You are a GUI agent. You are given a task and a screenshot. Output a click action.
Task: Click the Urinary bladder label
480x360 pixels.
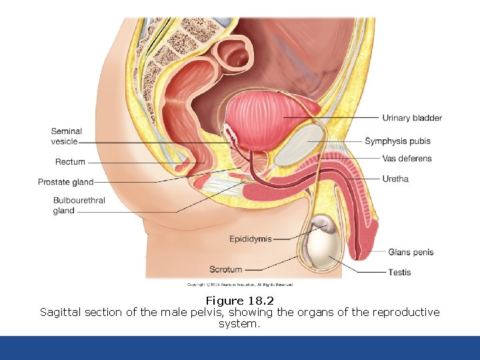tap(411, 119)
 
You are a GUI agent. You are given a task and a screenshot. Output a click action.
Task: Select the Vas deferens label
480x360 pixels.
tap(407, 159)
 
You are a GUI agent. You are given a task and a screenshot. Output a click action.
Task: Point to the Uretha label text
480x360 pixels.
tap(395, 179)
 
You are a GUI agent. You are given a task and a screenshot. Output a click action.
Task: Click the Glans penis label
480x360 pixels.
tap(411, 252)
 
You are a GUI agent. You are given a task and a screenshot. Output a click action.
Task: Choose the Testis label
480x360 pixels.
tap(399, 272)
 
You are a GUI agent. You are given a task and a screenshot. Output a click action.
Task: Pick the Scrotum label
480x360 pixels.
tap(226, 269)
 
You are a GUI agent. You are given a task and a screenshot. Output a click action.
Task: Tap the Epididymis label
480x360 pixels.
tap(251, 239)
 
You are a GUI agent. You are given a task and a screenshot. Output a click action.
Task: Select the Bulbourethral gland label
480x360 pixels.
tap(79, 205)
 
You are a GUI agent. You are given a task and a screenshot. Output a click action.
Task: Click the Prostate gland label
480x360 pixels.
tap(65, 182)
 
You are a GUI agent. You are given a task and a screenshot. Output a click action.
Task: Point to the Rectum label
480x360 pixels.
tap(70, 162)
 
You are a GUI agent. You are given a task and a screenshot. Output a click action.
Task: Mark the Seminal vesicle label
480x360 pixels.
tap(66, 136)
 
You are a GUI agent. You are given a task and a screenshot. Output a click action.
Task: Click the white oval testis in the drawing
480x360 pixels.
tap(323, 248)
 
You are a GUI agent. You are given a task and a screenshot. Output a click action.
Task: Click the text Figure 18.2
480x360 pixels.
tap(240, 301)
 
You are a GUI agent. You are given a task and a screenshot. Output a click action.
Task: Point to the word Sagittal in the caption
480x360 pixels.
tap(61, 312)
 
